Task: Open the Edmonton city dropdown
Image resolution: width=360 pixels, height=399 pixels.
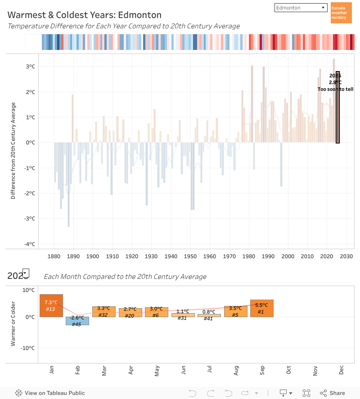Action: pyautogui.click(x=301, y=8)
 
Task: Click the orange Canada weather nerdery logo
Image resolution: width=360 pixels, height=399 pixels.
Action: pyautogui.click(x=341, y=13)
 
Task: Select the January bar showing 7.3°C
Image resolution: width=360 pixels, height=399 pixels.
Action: pyautogui.click(x=51, y=306)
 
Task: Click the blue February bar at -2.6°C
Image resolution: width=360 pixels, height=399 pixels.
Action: pyautogui.click(x=77, y=321)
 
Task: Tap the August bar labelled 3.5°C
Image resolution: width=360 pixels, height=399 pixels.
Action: pyautogui.click(x=235, y=311)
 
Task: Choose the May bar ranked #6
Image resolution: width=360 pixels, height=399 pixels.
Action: pyautogui.click(x=156, y=312)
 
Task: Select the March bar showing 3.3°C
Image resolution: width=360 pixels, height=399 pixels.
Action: pyautogui.click(x=103, y=312)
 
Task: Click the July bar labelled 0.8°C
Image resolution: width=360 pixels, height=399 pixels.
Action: pyautogui.click(x=209, y=315)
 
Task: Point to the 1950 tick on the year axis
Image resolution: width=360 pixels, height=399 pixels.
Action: pyautogui.click(x=190, y=256)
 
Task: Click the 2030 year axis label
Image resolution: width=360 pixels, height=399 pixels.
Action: pyautogui.click(x=346, y=256)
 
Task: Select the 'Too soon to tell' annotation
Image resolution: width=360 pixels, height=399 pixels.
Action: pyautogui.click(x=335, y=89)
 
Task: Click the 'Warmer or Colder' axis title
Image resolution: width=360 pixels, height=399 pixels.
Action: pyautogui.click(x=14, y=323)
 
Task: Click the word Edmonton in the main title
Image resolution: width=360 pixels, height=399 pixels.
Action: pyautogui.click(x=140, y=15)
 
